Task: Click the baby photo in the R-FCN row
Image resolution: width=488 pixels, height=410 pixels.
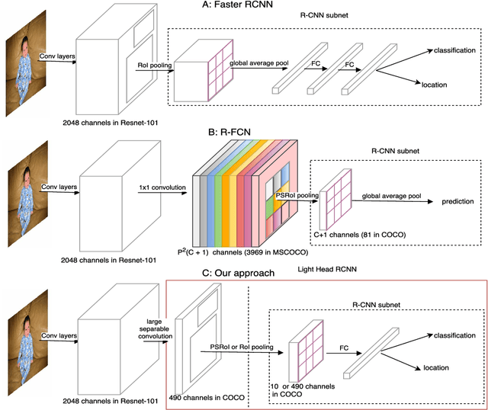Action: tap(23, 200)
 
